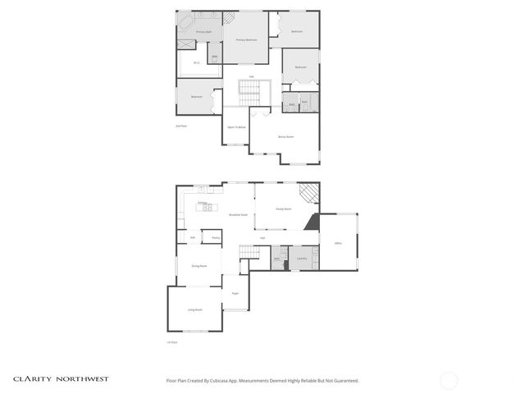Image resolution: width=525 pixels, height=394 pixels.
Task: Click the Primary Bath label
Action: click(x=203, y=32)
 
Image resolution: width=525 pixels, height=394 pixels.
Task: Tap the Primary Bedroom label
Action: click(x=247, y=39)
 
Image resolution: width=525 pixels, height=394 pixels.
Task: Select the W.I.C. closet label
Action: click(x=197, y=63)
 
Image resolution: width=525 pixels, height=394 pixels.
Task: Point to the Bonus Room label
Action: click(x=285, y=136)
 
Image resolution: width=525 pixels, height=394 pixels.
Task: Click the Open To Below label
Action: click(x=236, y=128)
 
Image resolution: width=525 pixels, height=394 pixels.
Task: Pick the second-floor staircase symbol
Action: click(x=248, y=89)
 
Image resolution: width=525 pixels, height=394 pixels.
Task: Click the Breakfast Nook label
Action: click(x=239, y=215)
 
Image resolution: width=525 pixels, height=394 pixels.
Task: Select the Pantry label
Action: click(x=216, y=238)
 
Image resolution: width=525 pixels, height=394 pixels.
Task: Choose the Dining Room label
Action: click(x=199, y=267)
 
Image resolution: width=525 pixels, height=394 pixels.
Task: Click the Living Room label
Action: click(x=195, y=309)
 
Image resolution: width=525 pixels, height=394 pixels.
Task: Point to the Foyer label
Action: click(x=235, y=293)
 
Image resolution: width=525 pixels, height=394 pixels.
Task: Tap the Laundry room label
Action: click(x=302, y=259)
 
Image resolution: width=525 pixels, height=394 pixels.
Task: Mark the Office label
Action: click(x=338, y=244)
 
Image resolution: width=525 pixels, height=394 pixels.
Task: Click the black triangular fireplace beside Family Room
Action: click(x=312, y=222)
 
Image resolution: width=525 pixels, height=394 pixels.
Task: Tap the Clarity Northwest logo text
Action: click(x=60, y=379)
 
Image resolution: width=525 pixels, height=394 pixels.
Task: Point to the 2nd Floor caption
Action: click(x=181, y=126)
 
